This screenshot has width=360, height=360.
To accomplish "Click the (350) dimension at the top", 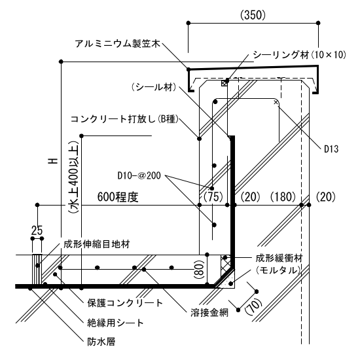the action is tap(253, 15).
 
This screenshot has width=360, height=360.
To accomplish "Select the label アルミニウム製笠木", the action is tap(117, 43).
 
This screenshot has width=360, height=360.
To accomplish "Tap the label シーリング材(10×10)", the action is tap(299, 54).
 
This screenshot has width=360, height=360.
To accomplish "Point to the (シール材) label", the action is tap(154, 87).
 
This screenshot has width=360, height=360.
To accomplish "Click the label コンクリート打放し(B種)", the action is tap(124, 119).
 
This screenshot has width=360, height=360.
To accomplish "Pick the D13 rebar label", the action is tap(331, 149).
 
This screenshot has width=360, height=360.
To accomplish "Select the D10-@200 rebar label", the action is tap(139, 175).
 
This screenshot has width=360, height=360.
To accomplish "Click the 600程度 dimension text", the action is tap(118, 197).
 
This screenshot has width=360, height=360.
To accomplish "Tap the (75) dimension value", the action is tap(213, 197).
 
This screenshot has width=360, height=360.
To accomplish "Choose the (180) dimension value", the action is tap(283, 197).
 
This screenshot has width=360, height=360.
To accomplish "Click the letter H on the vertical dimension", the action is tap(52, 161).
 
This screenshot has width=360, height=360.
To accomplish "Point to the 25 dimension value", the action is tap(37, 230).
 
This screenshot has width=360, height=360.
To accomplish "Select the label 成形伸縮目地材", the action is tap(97, 244).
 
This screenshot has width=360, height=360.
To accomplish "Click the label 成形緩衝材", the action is tap(279, 258).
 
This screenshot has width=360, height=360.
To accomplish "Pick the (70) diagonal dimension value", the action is tap(253, 306).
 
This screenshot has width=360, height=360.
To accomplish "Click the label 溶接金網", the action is tap(209, 312).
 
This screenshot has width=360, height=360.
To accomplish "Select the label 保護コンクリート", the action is tap(125, 303).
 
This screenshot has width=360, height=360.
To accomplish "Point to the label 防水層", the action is tap(101, 342).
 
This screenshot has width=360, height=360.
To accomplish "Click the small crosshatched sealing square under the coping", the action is tap(224, 83).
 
